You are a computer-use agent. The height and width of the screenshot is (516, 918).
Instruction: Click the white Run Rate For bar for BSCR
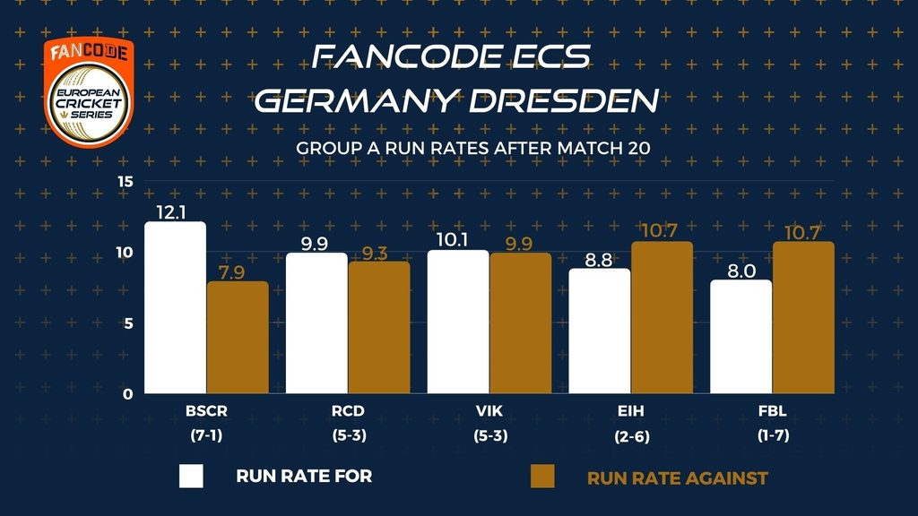[x=175, y=307]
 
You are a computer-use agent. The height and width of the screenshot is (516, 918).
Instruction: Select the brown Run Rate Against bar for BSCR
[x=238, y=337]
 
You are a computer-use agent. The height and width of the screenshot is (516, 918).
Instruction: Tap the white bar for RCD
[x=316, y=322]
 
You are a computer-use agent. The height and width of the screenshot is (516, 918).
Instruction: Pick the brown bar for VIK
[x=520, y=322]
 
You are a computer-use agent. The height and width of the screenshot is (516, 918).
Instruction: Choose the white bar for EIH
[x=600, y=331]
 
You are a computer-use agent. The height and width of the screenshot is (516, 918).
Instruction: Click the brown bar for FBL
[x=803, y=317]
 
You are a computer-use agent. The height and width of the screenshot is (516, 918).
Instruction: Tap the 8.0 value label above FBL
[x=741, y=268]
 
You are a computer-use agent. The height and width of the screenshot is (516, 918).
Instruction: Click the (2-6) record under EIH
[x=631, y=436]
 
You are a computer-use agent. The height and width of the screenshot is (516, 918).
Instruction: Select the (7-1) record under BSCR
[x=206, y=436]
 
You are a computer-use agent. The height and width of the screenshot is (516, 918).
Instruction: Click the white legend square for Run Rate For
[x=192, y=477]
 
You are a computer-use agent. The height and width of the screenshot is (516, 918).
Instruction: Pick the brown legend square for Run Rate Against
[x=542, y=477]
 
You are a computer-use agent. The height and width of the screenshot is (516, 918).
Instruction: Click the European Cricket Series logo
[x=89, y=91]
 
